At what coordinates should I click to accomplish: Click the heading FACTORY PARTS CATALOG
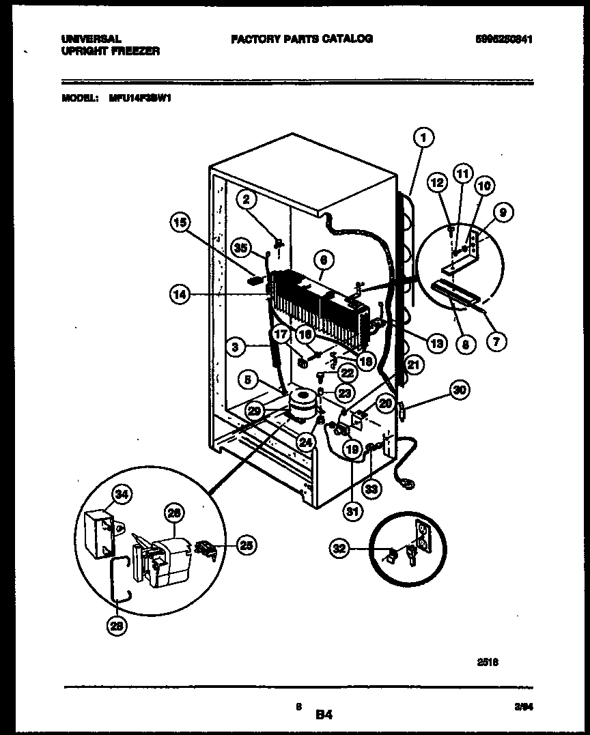[301, 39]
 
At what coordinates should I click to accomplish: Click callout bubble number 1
[423, 139]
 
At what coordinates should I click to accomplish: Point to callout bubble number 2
[247, 199]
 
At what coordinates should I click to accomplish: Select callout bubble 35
[238, 248]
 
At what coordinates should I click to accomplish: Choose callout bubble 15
[180, 222]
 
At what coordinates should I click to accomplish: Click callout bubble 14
[180, 295]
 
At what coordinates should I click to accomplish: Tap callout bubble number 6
[324, 259]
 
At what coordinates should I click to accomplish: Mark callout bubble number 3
[235, 347]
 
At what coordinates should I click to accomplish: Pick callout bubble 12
[438, 183]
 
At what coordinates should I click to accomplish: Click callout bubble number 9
[503, 213]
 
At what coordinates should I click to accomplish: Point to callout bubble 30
[460, 390]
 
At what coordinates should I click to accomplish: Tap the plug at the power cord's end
[408, 486]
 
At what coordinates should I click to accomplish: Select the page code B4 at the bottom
[323, 716]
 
